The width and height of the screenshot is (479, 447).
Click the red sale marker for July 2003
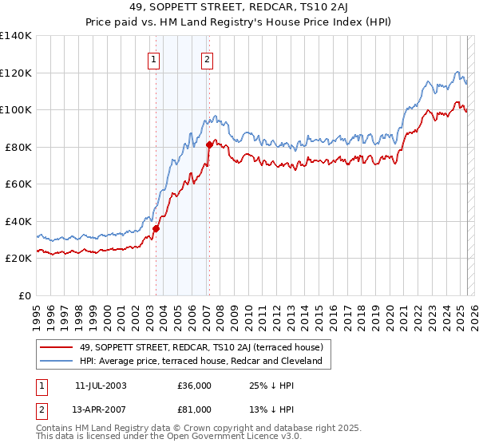tap(156, 228)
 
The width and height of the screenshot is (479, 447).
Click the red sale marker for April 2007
tap(209, 144)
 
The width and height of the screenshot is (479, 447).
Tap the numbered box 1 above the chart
tap(153, 58)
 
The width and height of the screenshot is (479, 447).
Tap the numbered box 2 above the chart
tap(207, 58)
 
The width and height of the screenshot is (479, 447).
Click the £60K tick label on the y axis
tap(18, 184)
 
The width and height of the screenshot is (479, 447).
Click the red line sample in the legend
tap(57, 347)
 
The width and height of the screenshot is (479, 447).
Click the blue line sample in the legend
tap(57, 361)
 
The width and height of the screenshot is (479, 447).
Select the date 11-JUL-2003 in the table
tap(101, 386)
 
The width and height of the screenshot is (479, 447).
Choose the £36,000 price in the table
tap(195, 386)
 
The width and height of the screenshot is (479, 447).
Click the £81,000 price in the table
tap(195, 409)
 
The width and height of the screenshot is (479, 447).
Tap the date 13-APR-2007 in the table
tap(101, 409)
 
